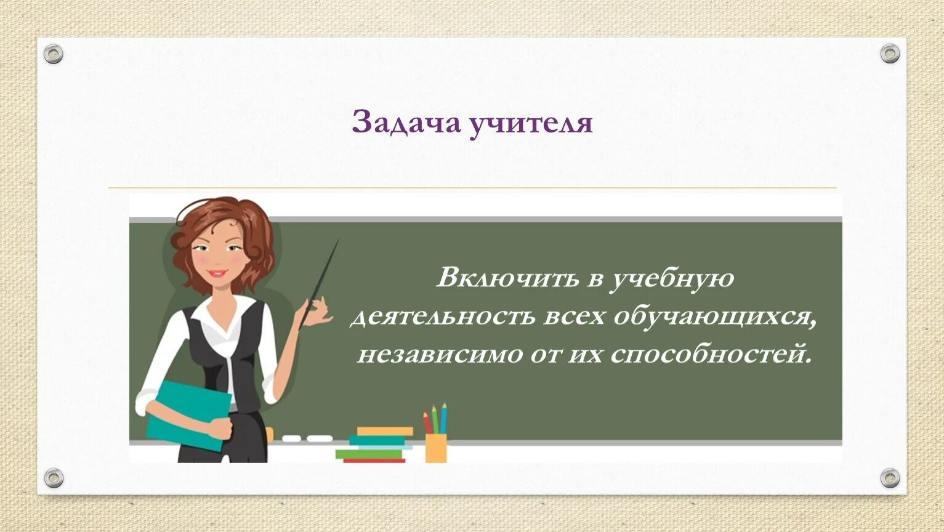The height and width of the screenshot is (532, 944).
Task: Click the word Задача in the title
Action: [x=406, y=123]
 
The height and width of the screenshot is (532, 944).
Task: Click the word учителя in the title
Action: [x=531, y=124]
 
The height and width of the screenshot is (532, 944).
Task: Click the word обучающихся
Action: [x=714, y=316]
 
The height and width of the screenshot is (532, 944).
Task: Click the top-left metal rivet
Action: [x=54, y=54]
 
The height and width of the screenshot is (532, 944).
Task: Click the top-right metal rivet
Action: [x=890, y=54]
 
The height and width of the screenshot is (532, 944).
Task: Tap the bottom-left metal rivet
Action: [x=54, y=477]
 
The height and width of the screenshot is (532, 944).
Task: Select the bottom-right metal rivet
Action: [x=890, y=477]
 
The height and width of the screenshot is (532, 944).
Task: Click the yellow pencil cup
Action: [x=436, y=448]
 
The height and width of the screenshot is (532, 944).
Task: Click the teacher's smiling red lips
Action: [x=217, y=272]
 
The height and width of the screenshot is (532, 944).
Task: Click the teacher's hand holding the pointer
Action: [x=315, y=311]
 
